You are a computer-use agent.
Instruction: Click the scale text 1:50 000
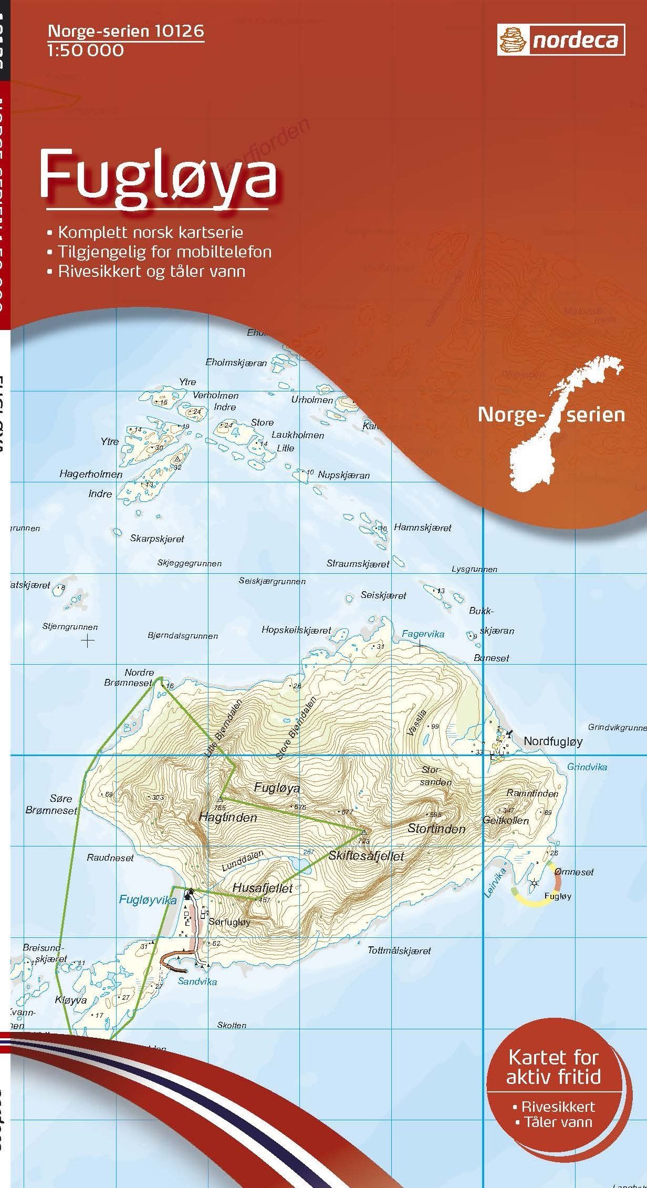[86, 51]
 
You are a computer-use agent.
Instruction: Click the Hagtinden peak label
[228, 818]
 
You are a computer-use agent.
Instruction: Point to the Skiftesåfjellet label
[366, 856]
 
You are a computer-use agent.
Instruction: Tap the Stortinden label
[436, 829]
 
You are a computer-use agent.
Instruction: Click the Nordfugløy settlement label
[553, 741]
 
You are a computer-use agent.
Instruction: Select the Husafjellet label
[262, 889]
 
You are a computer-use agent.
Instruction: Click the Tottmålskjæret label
[399, 951]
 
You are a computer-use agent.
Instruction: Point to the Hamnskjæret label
[422, 528]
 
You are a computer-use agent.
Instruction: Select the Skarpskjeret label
[157, 539]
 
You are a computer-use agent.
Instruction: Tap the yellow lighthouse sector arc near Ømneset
[530, 902]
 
